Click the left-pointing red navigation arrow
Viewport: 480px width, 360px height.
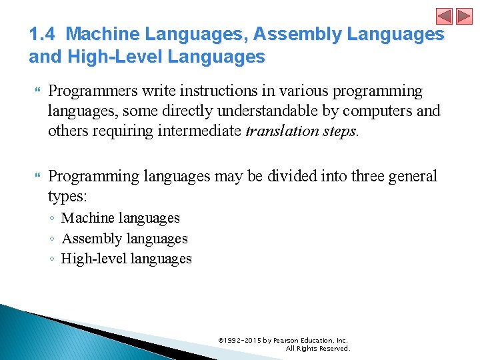pos(444,16)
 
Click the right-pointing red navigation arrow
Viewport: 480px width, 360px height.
pos(463,16)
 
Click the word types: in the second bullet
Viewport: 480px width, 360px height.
pos(67,196)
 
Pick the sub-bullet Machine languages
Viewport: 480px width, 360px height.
pos(120,218)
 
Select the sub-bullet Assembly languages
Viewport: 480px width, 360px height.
pos(124,239)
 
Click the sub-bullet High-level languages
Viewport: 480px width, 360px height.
pos(126,259)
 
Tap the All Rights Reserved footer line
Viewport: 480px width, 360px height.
pos(317,348)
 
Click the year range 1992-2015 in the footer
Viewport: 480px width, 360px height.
pos(243,340)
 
